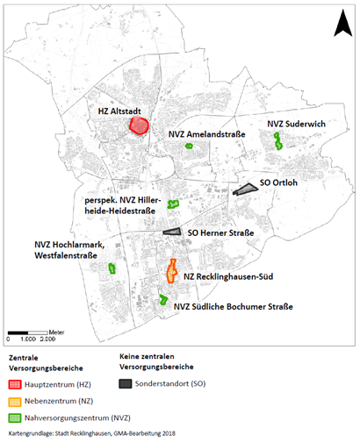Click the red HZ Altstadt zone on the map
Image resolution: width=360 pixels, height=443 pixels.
point(139,125)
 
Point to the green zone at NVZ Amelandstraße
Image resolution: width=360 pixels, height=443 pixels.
point(189,145)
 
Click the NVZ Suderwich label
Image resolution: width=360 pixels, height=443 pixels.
point(297,125)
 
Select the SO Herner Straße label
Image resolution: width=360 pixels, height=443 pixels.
point(221,233)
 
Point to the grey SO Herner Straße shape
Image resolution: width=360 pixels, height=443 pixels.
point(170,232)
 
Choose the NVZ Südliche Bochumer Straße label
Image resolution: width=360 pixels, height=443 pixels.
point(234,306)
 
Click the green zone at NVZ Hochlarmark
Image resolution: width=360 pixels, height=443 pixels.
point(112,268)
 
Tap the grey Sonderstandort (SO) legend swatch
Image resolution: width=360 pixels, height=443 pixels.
point(127,383)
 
